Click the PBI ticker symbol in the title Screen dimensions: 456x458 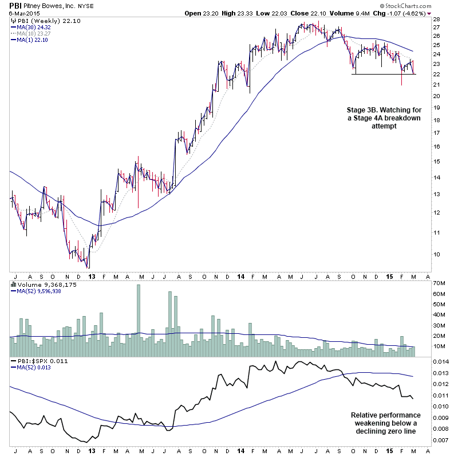16,6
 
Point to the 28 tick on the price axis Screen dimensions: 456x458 437,19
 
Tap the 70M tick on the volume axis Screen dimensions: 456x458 440,283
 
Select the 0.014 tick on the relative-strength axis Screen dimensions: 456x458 441,362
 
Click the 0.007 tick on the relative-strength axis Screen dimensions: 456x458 441,440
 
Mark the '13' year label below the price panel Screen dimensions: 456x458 92,276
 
